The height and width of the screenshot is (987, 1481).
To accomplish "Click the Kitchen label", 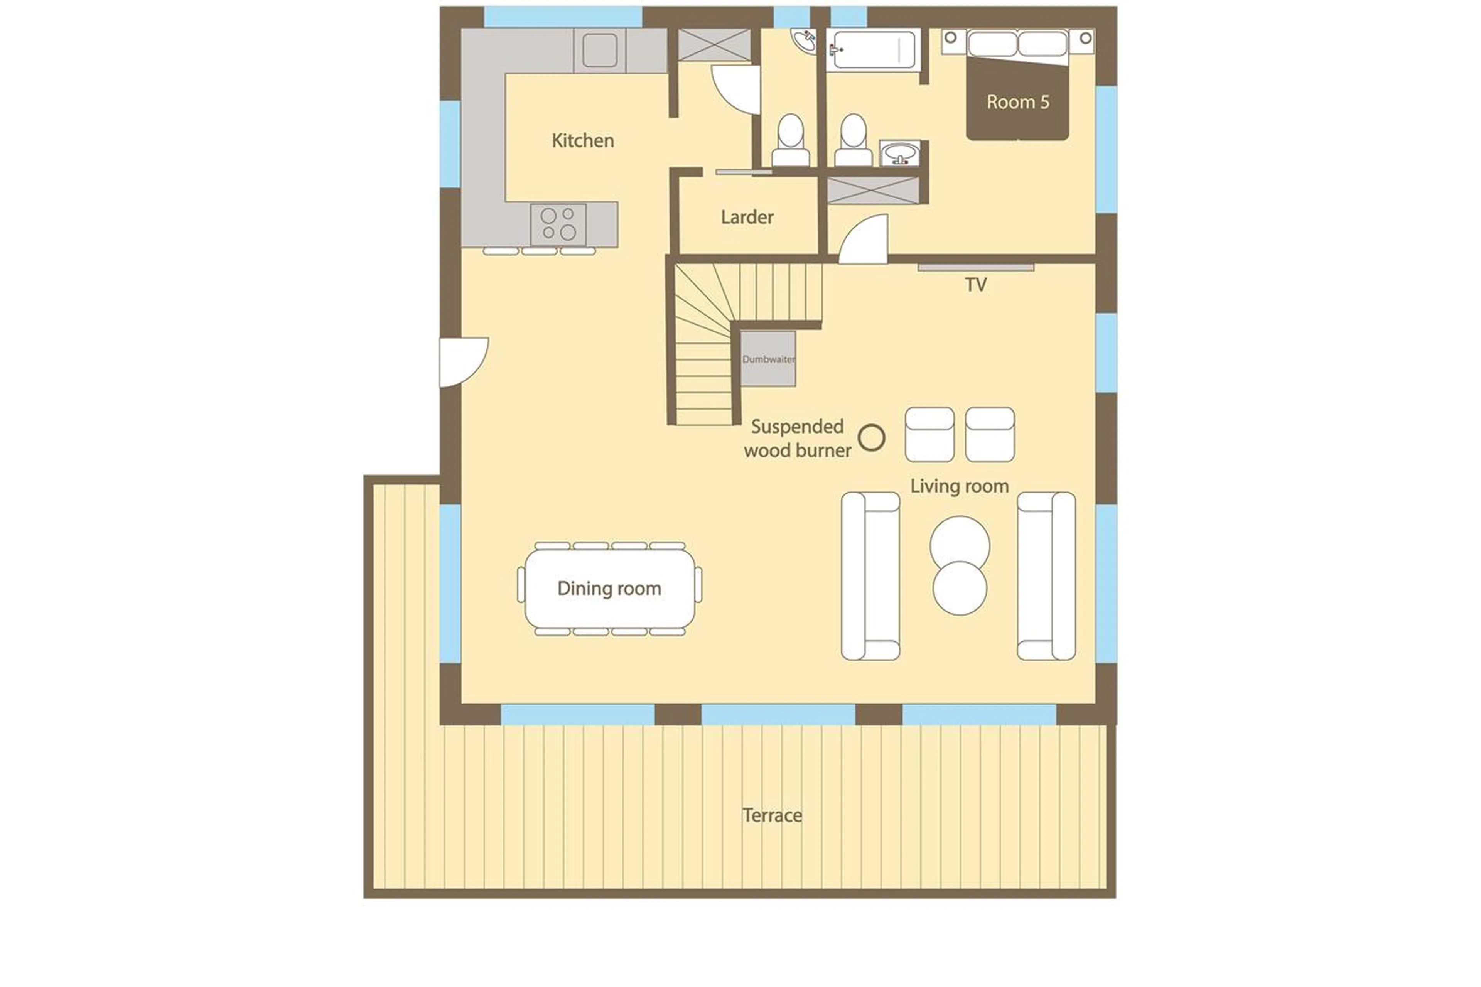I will click(x=582, y=140).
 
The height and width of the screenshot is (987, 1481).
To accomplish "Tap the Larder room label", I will click(x=747, y=217).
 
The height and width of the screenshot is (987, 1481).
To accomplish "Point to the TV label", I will click(x=976, y=285).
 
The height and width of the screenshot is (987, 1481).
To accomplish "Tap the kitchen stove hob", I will click(x=558, y=224).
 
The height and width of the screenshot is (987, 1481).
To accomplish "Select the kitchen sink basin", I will click(x=599, y=51).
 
